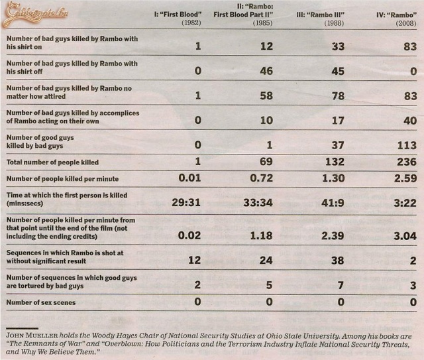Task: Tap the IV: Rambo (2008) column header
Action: point(393,19)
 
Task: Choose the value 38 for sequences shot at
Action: point(338,261)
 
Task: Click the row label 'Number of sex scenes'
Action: point(41,303)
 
